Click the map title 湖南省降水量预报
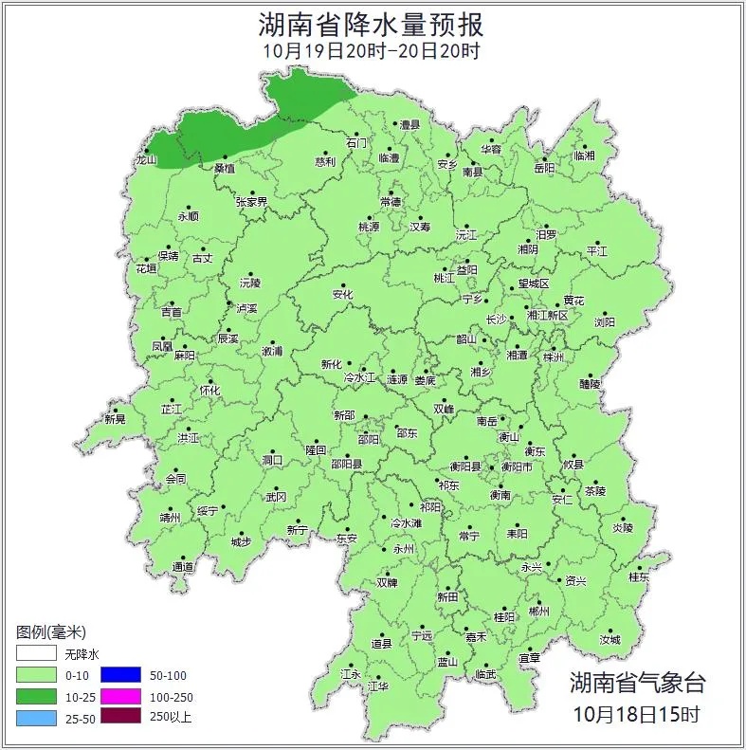pos(372,24)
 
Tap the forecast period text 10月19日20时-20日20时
pos(372,51)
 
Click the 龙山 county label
pos(146,160)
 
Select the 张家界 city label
pos(251,202)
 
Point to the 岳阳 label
pos(544,169)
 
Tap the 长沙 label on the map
pos(497,320)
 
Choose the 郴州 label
pos(538,613)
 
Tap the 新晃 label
pos(115,419)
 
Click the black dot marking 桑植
pos(225,157)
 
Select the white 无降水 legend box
pos(35,654)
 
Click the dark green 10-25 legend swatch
pos(35,697)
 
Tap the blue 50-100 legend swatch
pos(119,675)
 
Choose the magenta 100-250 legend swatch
pos(119,697)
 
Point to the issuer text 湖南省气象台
pos(637,682)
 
